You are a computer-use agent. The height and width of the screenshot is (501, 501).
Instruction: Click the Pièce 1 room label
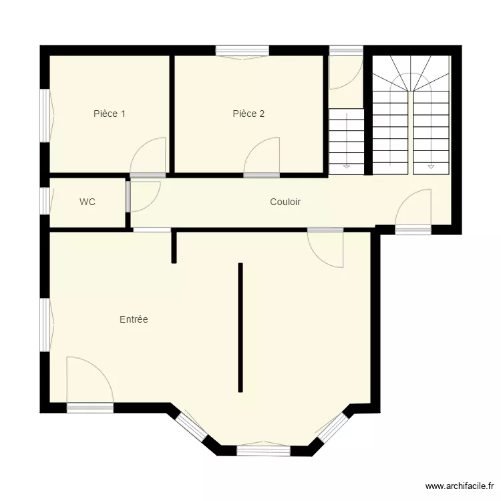(x=110, y=114)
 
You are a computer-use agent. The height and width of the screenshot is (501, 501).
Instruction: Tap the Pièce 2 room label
(x=248, y=114)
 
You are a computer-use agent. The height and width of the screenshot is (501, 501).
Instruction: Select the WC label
(x=88, y=202)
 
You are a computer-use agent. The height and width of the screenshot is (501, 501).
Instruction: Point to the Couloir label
(x=285, y=202)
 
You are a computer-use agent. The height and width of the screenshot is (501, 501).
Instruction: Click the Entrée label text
(x=134, y=320)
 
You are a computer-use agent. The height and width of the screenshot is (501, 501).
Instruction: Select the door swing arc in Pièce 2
(x=263, y=155)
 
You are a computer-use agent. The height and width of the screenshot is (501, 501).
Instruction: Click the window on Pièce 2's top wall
(x=242, y=51)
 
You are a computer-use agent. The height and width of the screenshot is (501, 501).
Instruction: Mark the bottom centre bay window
(x=263, y=449)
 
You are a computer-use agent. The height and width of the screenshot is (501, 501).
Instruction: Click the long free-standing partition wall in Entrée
(x=240, y=327)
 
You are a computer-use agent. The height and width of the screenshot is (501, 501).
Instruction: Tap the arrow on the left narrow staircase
(x=346, y=165)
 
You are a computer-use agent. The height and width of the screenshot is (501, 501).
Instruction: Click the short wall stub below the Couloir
(x=174, y=246)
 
